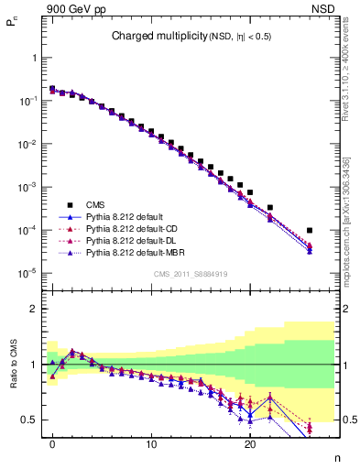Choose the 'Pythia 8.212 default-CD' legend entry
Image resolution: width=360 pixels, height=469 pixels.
(x=134, y=228)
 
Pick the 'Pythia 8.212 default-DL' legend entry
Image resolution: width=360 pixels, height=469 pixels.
(x=134, y=240)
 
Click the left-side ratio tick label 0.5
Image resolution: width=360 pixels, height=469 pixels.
(x=29, y=420)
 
